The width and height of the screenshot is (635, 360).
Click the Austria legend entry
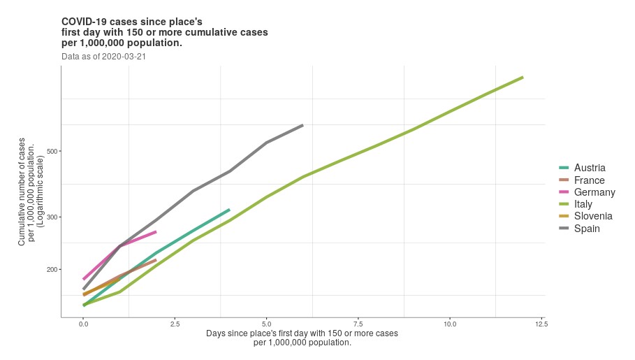coord(589,168)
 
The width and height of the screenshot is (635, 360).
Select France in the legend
coord(589,180)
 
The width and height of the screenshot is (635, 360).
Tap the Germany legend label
coord(594,192)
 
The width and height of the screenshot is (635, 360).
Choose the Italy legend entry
coord(583,204)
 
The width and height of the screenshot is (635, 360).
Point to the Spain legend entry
coord(587,229)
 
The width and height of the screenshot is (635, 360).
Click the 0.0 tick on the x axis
coord(83,324)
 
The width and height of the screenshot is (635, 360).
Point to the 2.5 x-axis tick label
coord(175,324)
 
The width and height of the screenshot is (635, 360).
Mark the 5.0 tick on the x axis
coord(266,324)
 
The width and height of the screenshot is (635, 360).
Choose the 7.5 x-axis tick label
coord(358,324)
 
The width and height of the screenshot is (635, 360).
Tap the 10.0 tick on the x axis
coord(450,324)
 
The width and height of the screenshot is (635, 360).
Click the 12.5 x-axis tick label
coord(541,324)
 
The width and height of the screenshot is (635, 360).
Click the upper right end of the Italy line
coord(523,77)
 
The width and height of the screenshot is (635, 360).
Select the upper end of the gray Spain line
coord(302,125)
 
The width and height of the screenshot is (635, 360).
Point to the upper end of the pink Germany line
coord(156,231)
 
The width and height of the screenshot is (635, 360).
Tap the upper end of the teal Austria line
coord(229,209)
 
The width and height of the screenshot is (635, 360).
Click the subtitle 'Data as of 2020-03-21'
coord(103,56)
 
